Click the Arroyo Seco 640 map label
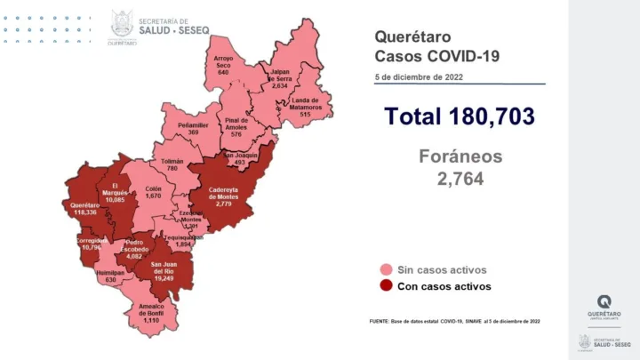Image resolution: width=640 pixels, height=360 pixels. (223, 65)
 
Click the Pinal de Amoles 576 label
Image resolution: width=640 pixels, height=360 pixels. (236, 127)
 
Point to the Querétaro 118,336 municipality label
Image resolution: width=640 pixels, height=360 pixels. (85, 209)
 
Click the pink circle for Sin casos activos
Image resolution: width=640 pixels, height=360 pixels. (387, 269)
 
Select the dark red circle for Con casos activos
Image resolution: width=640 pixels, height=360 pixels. (387, 286)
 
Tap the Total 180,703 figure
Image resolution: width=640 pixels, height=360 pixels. (459, 116)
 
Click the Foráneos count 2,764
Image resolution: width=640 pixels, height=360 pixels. (460, 180)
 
